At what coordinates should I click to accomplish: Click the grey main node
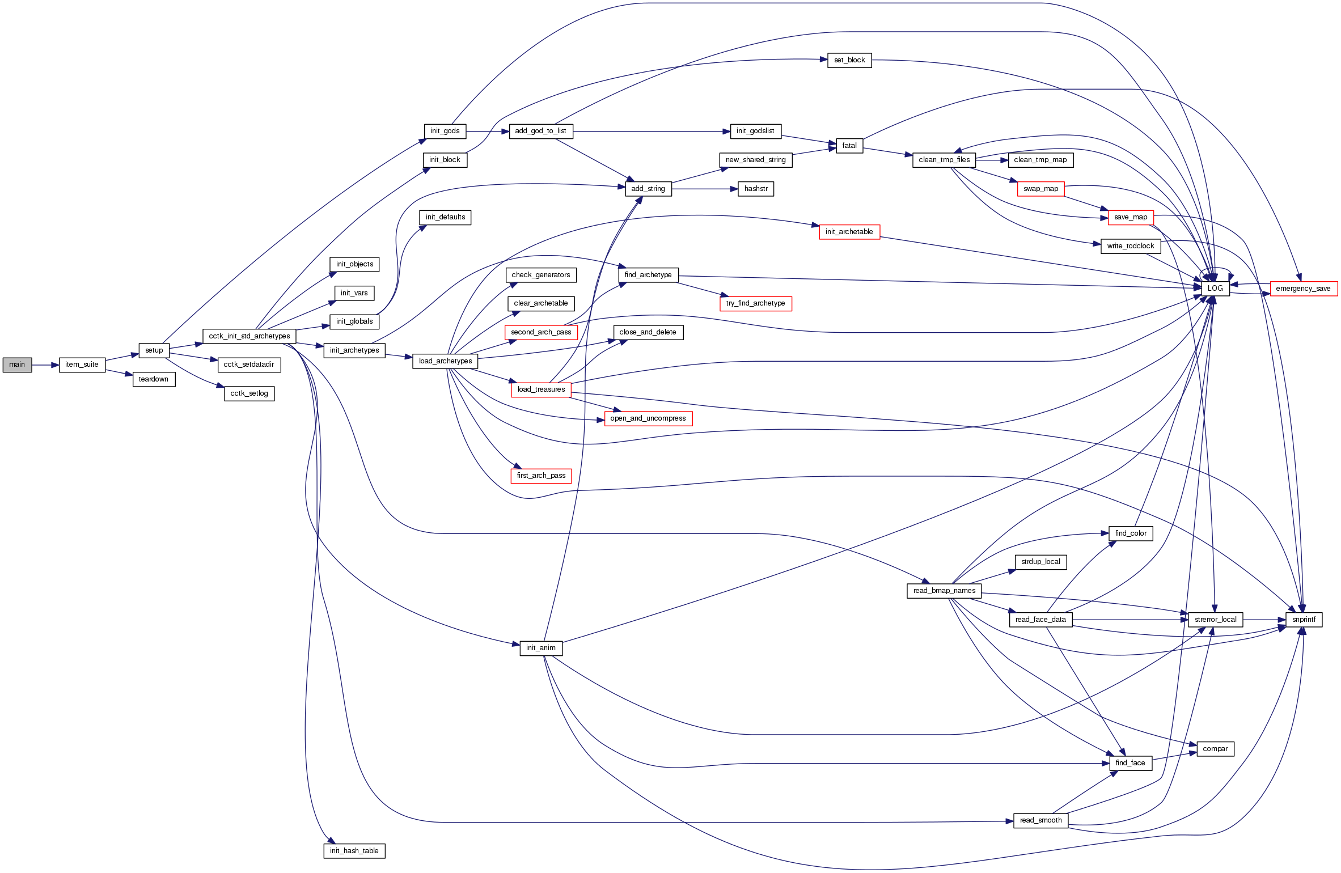(x=17, y=365)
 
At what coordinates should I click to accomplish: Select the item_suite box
(x=82, y=365)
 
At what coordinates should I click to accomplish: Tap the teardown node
(x=154, y=379)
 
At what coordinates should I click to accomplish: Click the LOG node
(x=1215, y=289)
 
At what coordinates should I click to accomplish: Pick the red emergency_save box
(x=1303, y=289)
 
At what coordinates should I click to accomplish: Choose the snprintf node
(x=1304, y=620)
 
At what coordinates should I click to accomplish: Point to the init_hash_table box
(x=354, y=851)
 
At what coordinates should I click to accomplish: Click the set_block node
(x=849, y=60)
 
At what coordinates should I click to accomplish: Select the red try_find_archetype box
(x=755, y=303)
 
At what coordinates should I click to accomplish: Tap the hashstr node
(x=756, y=189)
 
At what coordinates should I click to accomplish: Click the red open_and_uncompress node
(x=648, y=418)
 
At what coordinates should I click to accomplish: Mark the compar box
(x=1215, y=749)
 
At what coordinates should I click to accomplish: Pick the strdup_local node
(x=1040, y=562)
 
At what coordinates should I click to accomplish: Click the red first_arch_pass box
(x=541, y=476)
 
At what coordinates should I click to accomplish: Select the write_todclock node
(x=1131, y=246)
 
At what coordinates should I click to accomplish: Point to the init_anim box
(x=541, y=648)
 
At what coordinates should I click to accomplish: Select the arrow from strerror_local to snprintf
(x=1264, y=620)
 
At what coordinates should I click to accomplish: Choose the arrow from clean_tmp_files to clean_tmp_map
(x=992, y=160)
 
